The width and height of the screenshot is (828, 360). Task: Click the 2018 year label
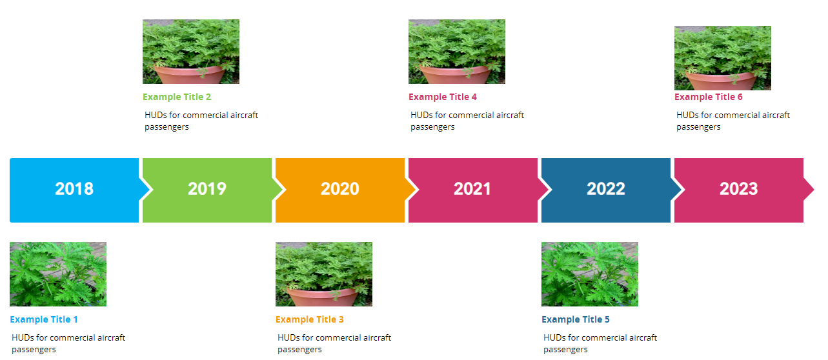(74, 188)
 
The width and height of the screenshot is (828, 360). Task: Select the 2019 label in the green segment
(207, 188)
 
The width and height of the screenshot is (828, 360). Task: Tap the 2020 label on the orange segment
(340, 188)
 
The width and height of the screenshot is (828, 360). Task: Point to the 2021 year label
(472, 188)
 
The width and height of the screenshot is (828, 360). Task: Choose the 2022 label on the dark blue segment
(606, 188)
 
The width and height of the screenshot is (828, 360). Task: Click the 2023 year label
(738, 188)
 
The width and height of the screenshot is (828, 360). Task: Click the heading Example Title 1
(44, 319)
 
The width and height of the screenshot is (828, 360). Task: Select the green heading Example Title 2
(177, 97)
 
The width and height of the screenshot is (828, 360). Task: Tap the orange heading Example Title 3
(309, 319)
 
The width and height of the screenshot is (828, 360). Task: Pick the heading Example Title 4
(443, 97)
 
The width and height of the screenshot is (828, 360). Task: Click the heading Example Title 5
(576, 319)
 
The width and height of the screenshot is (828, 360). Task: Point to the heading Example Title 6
(708, 97)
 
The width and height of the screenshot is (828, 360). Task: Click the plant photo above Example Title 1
(58, 274)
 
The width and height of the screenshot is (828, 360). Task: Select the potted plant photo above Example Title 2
(191, 52)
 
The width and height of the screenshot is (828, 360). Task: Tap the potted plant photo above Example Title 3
(324, 274)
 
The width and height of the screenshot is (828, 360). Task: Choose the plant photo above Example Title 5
(590, 274)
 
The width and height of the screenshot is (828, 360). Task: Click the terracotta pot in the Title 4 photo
(456, 75)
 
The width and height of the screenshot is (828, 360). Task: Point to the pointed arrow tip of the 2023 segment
(814, 190)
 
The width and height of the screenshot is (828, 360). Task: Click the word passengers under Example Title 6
(698, 127)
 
